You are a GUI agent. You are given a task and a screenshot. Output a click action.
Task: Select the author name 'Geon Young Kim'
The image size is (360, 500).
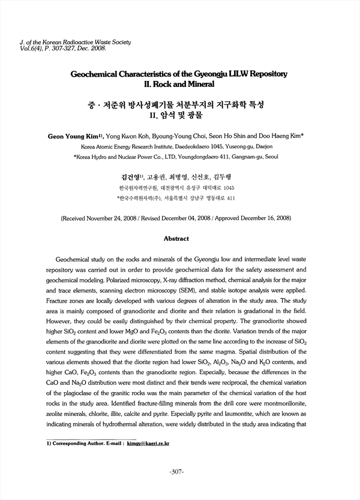click(76, 136)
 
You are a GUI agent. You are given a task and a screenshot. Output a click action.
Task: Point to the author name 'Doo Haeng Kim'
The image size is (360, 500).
click(281, 136)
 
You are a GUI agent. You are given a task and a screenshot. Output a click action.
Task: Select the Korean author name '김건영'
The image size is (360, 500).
click(130, 177)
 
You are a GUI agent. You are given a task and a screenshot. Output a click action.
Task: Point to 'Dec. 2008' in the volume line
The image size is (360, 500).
click(93, 49)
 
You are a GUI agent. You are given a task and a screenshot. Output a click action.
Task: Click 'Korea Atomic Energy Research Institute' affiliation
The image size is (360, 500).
click(121, 146)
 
